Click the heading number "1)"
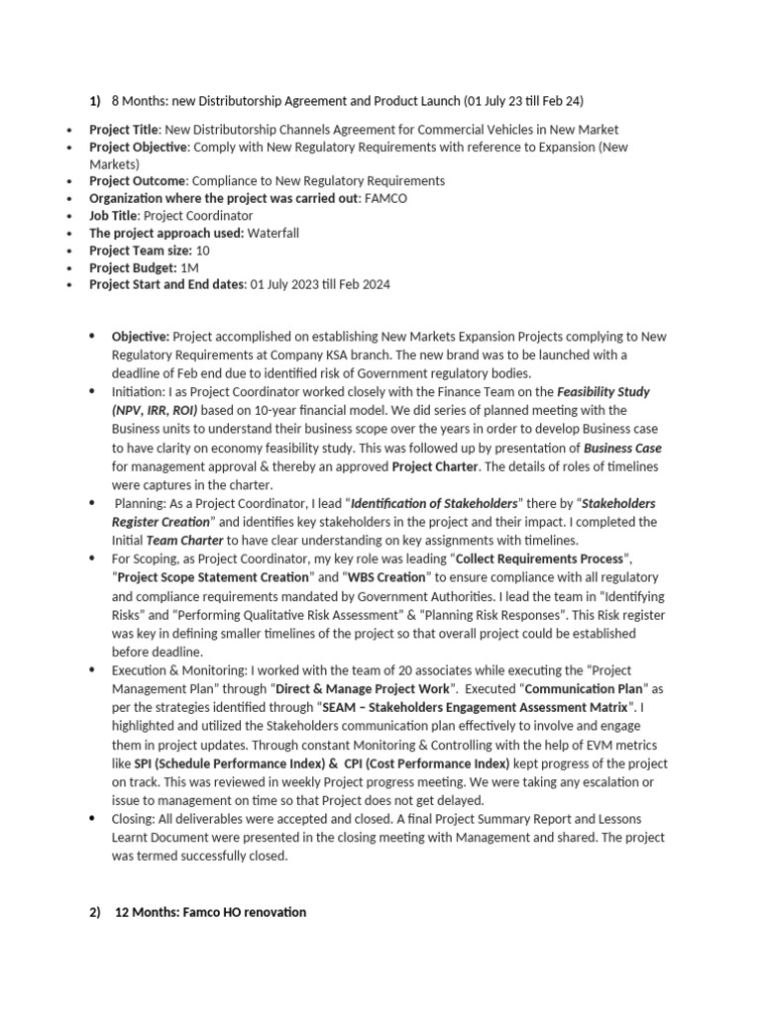(95, 101)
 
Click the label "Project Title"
(124, 130)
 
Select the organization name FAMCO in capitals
(386, 198)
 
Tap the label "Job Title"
(113, 215)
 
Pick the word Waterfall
(273, 233)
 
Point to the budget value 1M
(188, 267)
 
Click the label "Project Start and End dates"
(167, 285)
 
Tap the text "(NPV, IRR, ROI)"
(155, 409)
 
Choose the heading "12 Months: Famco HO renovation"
(211, 912)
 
